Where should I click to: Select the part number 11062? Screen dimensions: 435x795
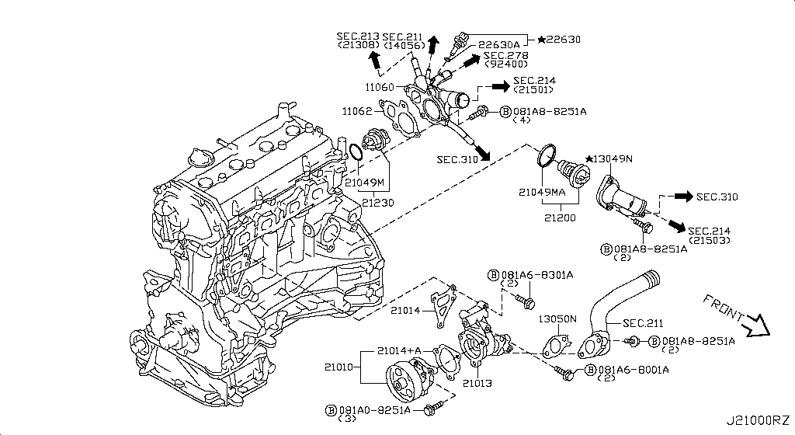(x=358, y=111)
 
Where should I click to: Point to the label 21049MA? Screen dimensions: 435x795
(x=543, y=191)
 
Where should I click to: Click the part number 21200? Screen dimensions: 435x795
(x=560, y=218)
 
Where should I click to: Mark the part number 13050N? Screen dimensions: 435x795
(x=558, y=318)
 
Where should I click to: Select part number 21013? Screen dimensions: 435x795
(x=478, y=383)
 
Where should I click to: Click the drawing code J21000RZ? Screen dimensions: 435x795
(x=759, y=421)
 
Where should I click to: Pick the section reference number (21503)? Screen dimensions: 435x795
(x=709, y=240)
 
